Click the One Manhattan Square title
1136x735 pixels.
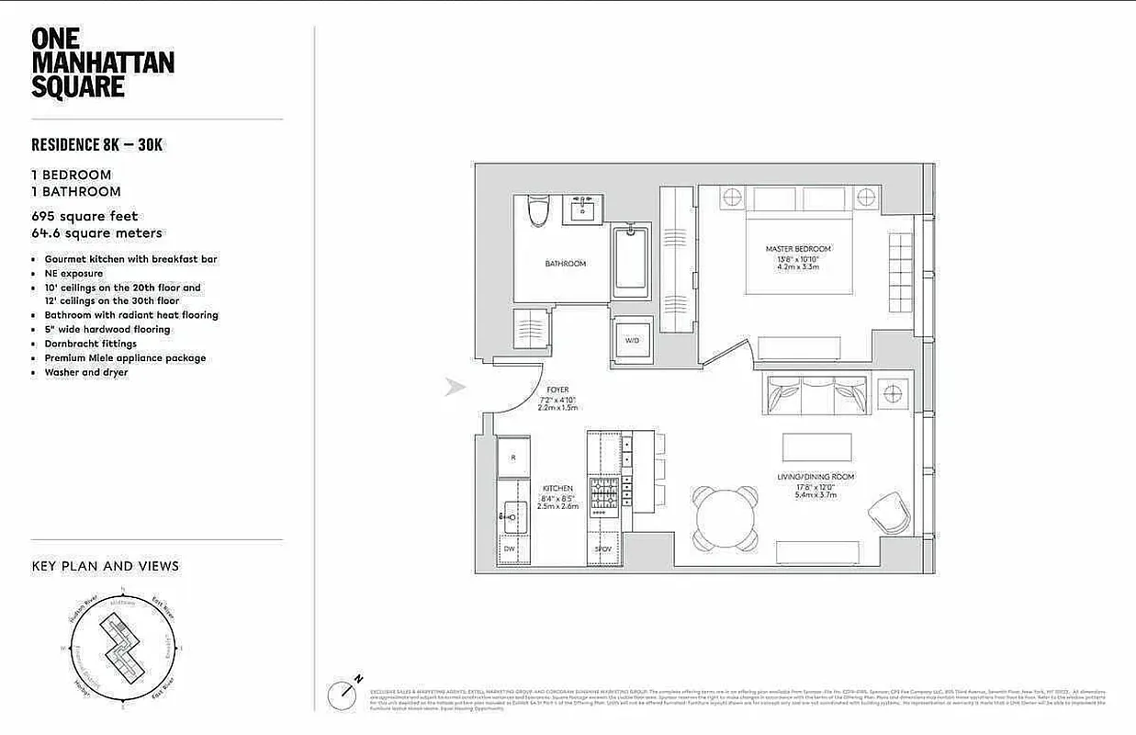point(102,62)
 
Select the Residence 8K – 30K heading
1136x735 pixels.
point(97,144)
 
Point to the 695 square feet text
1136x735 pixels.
point(84,217)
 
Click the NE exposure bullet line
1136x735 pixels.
point(73,274)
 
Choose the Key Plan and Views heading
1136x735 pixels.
point(106,566)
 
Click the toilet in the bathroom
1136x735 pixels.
point(538,210)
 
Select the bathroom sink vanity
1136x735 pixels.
point(582,210)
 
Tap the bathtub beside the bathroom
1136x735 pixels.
point(631,263)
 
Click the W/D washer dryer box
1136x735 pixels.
point(632,340)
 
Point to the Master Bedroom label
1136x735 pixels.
point(798,249)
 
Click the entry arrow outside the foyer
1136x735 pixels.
point(456,387)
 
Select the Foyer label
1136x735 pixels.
point(557,390)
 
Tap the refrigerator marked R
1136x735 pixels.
point(513,457)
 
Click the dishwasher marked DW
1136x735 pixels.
point(510,548)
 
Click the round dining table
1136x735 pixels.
point(725,517)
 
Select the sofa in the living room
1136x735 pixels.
point(813,395)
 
